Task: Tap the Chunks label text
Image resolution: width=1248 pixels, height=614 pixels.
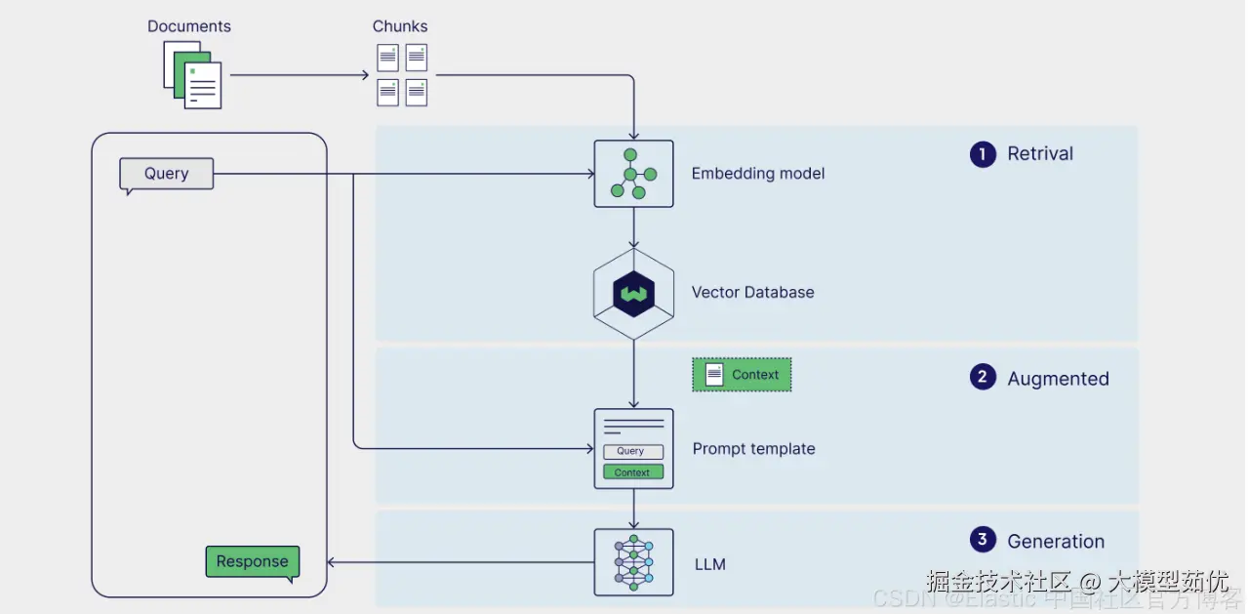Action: (x=400, y=26)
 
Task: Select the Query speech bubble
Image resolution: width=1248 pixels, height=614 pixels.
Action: (x=166, y=174)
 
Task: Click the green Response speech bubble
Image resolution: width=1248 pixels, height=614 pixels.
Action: (x=252, y=561)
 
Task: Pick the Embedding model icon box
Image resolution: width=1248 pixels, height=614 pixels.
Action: (x=633, y=174)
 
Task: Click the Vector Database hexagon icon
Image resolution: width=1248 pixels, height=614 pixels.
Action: (x=633, y=293)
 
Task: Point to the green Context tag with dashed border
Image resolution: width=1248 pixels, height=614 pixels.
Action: (x=742, y=374)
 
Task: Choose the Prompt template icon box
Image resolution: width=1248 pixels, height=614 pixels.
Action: (x=633, y=448)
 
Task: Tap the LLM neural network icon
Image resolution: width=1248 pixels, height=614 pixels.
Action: (x=633, y=562)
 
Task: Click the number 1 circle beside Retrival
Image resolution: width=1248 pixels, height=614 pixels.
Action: (x=983, y=154)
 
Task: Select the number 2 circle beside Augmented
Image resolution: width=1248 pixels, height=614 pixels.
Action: (x=983, y=378)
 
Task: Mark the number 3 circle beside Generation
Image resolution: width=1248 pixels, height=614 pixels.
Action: (x=983, y=540)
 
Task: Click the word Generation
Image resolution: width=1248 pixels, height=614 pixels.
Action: (x=1056, y=542)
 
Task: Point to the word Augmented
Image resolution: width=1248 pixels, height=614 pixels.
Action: (x=1058, y=379)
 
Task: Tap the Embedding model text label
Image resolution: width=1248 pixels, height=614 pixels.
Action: (x=758, y=174)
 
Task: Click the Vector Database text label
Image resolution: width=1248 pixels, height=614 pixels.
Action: (x=752, y=292)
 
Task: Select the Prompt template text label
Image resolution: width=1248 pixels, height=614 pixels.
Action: (x=753, y=449)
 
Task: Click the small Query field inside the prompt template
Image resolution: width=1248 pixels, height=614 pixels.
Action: (x=632, y=452)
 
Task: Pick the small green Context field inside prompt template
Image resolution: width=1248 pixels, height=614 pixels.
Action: (x=632, y=472)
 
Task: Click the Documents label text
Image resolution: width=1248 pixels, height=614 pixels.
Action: (x=189, y=26)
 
